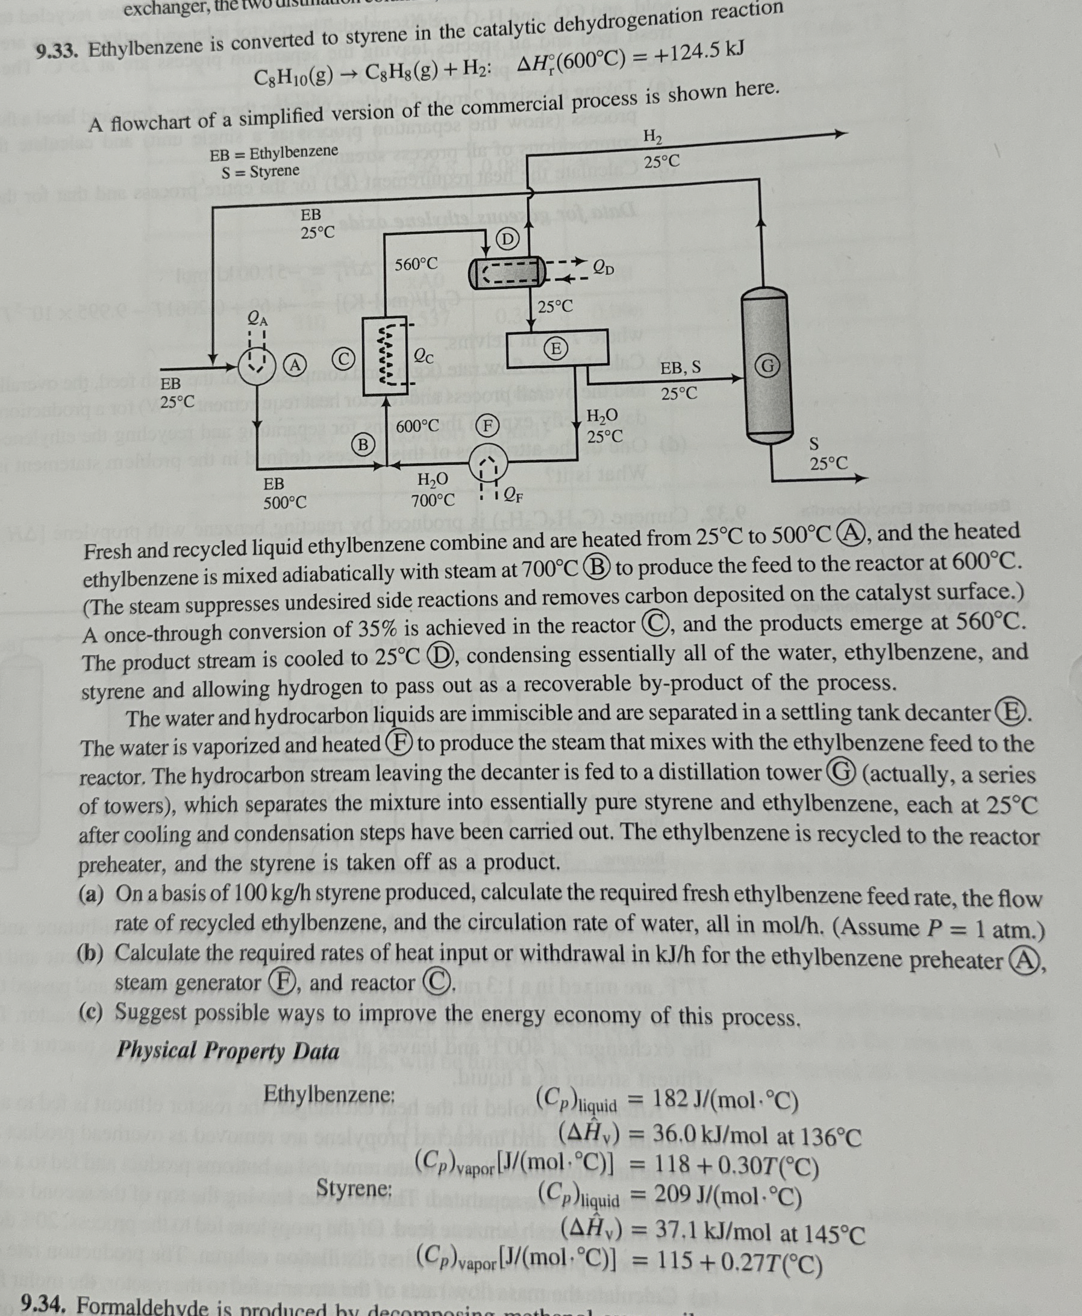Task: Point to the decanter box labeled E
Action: [557, 348]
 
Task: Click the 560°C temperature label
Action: [416, 264]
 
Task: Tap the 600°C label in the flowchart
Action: [417, 427]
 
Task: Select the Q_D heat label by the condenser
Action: [602, 269]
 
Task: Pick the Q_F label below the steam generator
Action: [513, 496]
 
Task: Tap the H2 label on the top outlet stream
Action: [652, 136]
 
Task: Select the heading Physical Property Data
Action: [228, 1051]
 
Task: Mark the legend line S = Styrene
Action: [260, 170]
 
